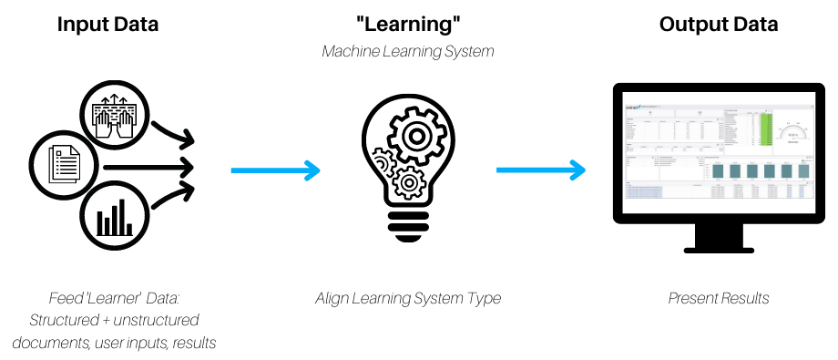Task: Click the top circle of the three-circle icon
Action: pos(114,115)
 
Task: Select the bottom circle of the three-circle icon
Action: pos(114,215)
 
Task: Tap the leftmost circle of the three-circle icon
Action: pos(63,165)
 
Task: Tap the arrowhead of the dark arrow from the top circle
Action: pos(189,141)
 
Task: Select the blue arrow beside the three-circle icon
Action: pos(273,170)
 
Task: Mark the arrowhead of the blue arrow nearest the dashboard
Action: pos(577,170)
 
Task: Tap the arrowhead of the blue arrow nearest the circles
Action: pos(313,170)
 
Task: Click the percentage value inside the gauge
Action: pos(793,136)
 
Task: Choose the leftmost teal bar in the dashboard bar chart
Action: pos(718,171)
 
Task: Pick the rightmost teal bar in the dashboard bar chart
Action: pos(803,171)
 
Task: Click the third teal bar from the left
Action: pos(752,171)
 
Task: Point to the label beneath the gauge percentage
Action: pos(793,141)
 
